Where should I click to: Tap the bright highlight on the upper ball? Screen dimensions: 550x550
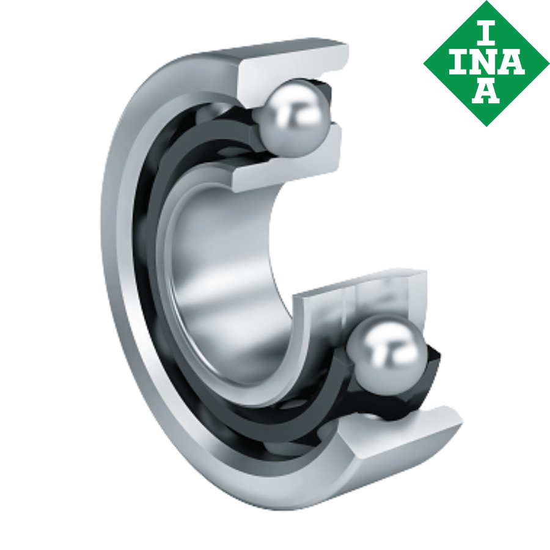(283, 105)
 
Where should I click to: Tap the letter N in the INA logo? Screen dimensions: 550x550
(486, 63)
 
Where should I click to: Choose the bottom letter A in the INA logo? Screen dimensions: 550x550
(486, 92)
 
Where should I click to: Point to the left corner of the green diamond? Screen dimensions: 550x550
(424, 63)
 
